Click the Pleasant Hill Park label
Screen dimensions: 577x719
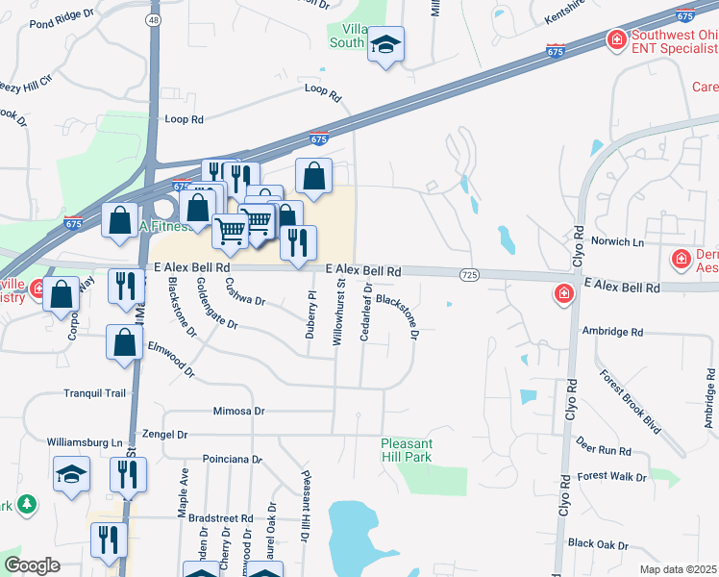(407, 449)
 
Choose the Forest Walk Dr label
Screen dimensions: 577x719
(612, 476)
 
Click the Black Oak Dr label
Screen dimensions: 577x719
(598, 543)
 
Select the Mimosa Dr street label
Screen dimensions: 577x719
(238, 411)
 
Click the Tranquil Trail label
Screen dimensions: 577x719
(94, 392)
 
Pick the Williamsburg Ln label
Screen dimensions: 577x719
(87, 442)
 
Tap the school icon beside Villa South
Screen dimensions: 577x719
(385, 45)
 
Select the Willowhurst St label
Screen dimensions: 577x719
(338, 321)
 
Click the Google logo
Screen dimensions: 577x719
(32, 565)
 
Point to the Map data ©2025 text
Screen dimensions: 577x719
(678, 569)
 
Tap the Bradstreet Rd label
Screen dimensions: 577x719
(220, 518)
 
